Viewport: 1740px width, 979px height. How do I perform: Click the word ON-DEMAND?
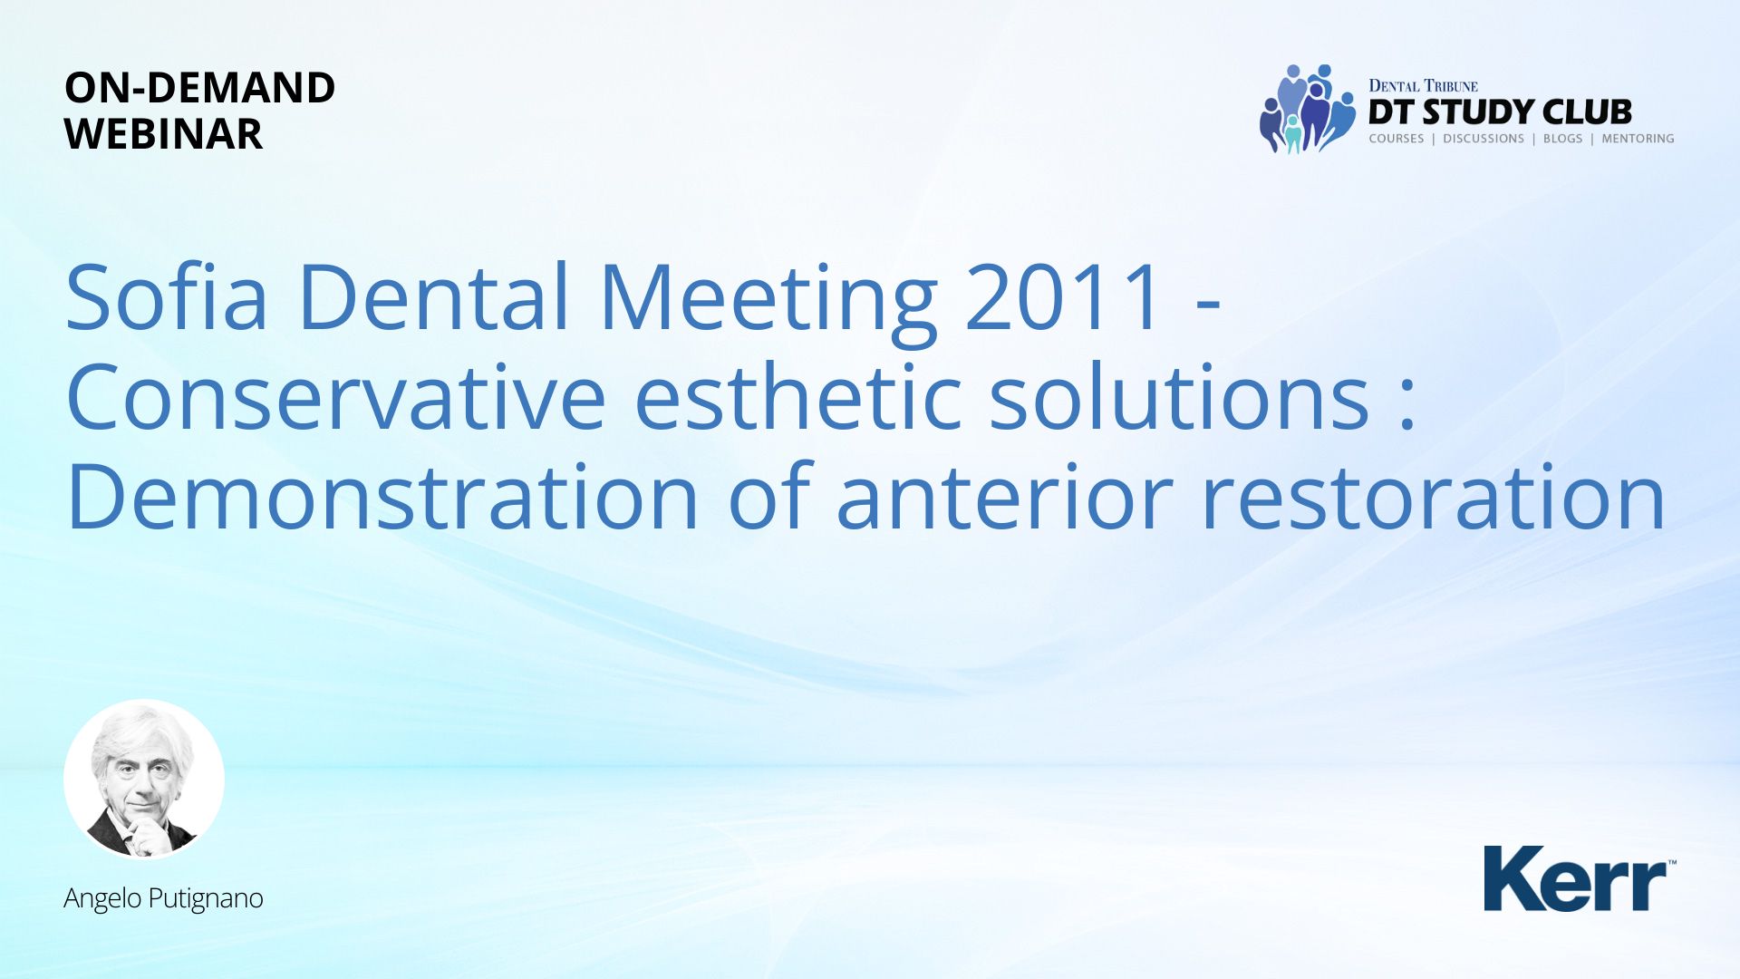click(199, 88)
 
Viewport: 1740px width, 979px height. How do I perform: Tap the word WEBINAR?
click(163, 134)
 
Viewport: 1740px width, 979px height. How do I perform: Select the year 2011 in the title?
click(1063, 296)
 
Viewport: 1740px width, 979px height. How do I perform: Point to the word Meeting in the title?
click(768, 303)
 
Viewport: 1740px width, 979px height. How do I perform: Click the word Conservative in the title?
click(336, 396)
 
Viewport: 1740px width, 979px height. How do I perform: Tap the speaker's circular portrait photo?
click(144, 779)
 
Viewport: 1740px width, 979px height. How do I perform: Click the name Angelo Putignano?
click(163, 898)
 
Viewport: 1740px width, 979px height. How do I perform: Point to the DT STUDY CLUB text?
click(1500, 112)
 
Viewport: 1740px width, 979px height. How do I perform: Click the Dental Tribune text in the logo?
click(1423, 86)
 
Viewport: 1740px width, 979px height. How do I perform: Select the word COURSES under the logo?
click(1397, 139)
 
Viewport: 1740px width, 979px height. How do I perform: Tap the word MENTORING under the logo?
click(1638, 139)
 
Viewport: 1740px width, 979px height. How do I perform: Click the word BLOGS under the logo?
click(1562, 139)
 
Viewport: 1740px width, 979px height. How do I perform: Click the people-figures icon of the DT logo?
click(1308, 109)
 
